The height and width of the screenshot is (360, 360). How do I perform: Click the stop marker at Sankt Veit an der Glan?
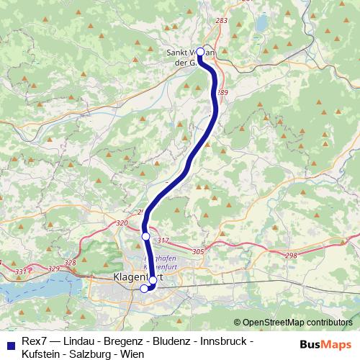(x=201, y=52)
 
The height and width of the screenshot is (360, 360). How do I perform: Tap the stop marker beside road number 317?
(x=145, y=236)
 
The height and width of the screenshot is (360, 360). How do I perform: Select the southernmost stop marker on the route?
(x=144, y=289)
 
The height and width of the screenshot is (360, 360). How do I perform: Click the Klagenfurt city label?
(x=136, y=277)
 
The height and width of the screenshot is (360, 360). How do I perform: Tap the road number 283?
(x=221, y=20)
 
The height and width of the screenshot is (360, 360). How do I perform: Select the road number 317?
(x=163, y=240)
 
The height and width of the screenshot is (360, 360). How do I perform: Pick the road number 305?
(x=199, y=251)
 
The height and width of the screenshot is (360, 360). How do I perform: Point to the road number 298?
(x=291, y=256)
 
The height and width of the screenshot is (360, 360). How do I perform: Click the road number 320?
(x=122, y=223)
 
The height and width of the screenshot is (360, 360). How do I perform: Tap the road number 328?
(x=70, y=263)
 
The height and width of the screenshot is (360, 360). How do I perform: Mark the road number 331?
(x=20, y=271)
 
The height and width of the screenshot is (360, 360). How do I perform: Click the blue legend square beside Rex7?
(x=9, y=341)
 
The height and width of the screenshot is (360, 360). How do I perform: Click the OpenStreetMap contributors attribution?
(x=297, y=323)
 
